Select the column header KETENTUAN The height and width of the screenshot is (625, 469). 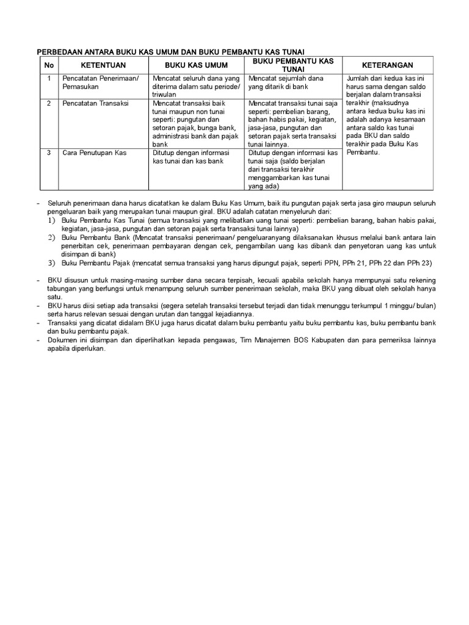103,65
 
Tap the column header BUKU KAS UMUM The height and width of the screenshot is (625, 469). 196,65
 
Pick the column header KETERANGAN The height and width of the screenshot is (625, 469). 387,65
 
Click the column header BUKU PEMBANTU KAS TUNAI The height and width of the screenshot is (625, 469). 293,65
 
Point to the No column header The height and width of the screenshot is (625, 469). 49,65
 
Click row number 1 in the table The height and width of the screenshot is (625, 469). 49,79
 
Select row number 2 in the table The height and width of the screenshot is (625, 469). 49,104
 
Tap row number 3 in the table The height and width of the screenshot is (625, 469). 49,153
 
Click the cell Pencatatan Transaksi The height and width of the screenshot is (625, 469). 95,104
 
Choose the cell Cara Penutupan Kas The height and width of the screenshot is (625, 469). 94,153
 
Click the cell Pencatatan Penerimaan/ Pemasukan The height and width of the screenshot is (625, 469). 101,82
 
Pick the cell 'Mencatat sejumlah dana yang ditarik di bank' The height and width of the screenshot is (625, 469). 286,82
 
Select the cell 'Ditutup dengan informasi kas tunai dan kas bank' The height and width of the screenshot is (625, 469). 191,157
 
